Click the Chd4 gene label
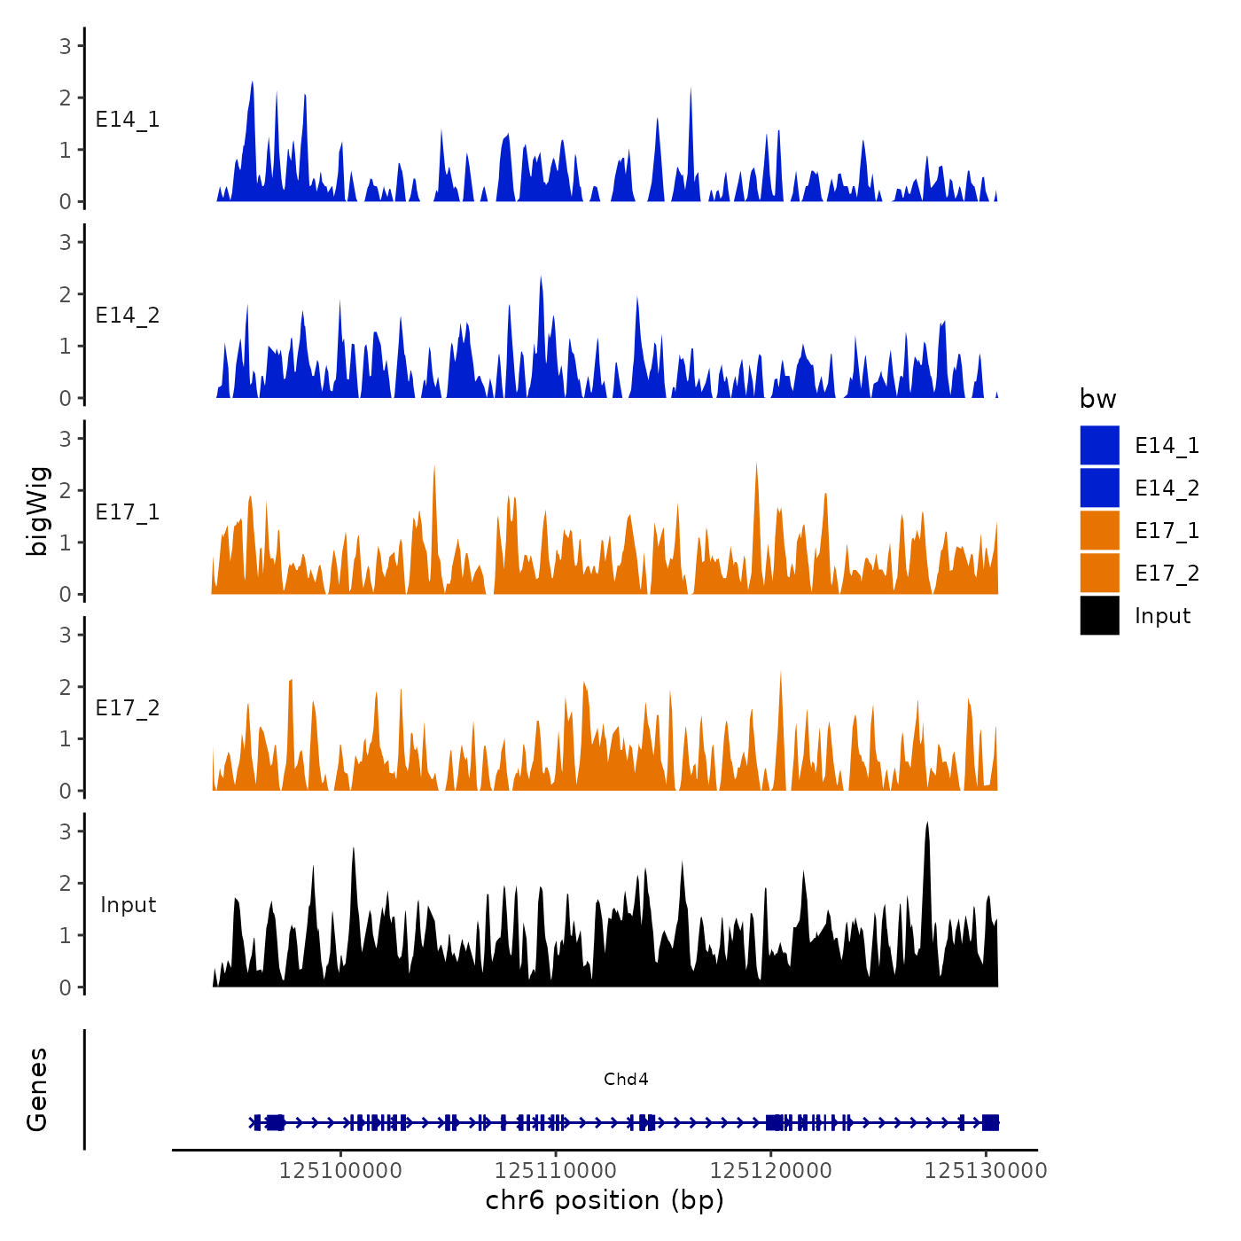pyautogui.click(x=626, y=1079)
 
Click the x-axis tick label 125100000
pyautogui.click(x=340, y=1171)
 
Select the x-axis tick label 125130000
pyautogui.click(x=986, y=1171)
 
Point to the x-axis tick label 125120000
pyautogui.click(x=771, y=1171)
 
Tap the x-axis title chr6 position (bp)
pyautogui.click(x=605, y=1200)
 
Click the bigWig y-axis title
pyautogui.click(x=38, y=511)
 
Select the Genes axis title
pyautogui.click(x=37, y=1089)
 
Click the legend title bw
pyautogui.click(x=1097, y=399)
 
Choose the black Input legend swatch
pyautogui.click(x=1099, y=615)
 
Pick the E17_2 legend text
pyautogui.click(x=1167, y=574)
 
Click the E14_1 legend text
pyautogui.click(x=1167, y=446)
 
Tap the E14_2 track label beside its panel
pyautogui.click(x=128, y=316)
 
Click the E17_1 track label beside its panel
pyautogui.click(x=128, y=512)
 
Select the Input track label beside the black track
pyautogui.click(x=128, y=905)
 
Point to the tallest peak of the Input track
pyautogui.click(x=927, y=824)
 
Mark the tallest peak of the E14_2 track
pyautogui.click(x=541, y=277)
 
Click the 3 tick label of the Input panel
pyautogui.click(x=66, y=831)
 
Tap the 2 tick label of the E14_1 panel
pyautogui.click(x=66, y=98)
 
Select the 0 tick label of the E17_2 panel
pyautogui.click(x=66, y=791)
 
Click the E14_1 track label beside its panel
pyautogui.click(x=128, y=120)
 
